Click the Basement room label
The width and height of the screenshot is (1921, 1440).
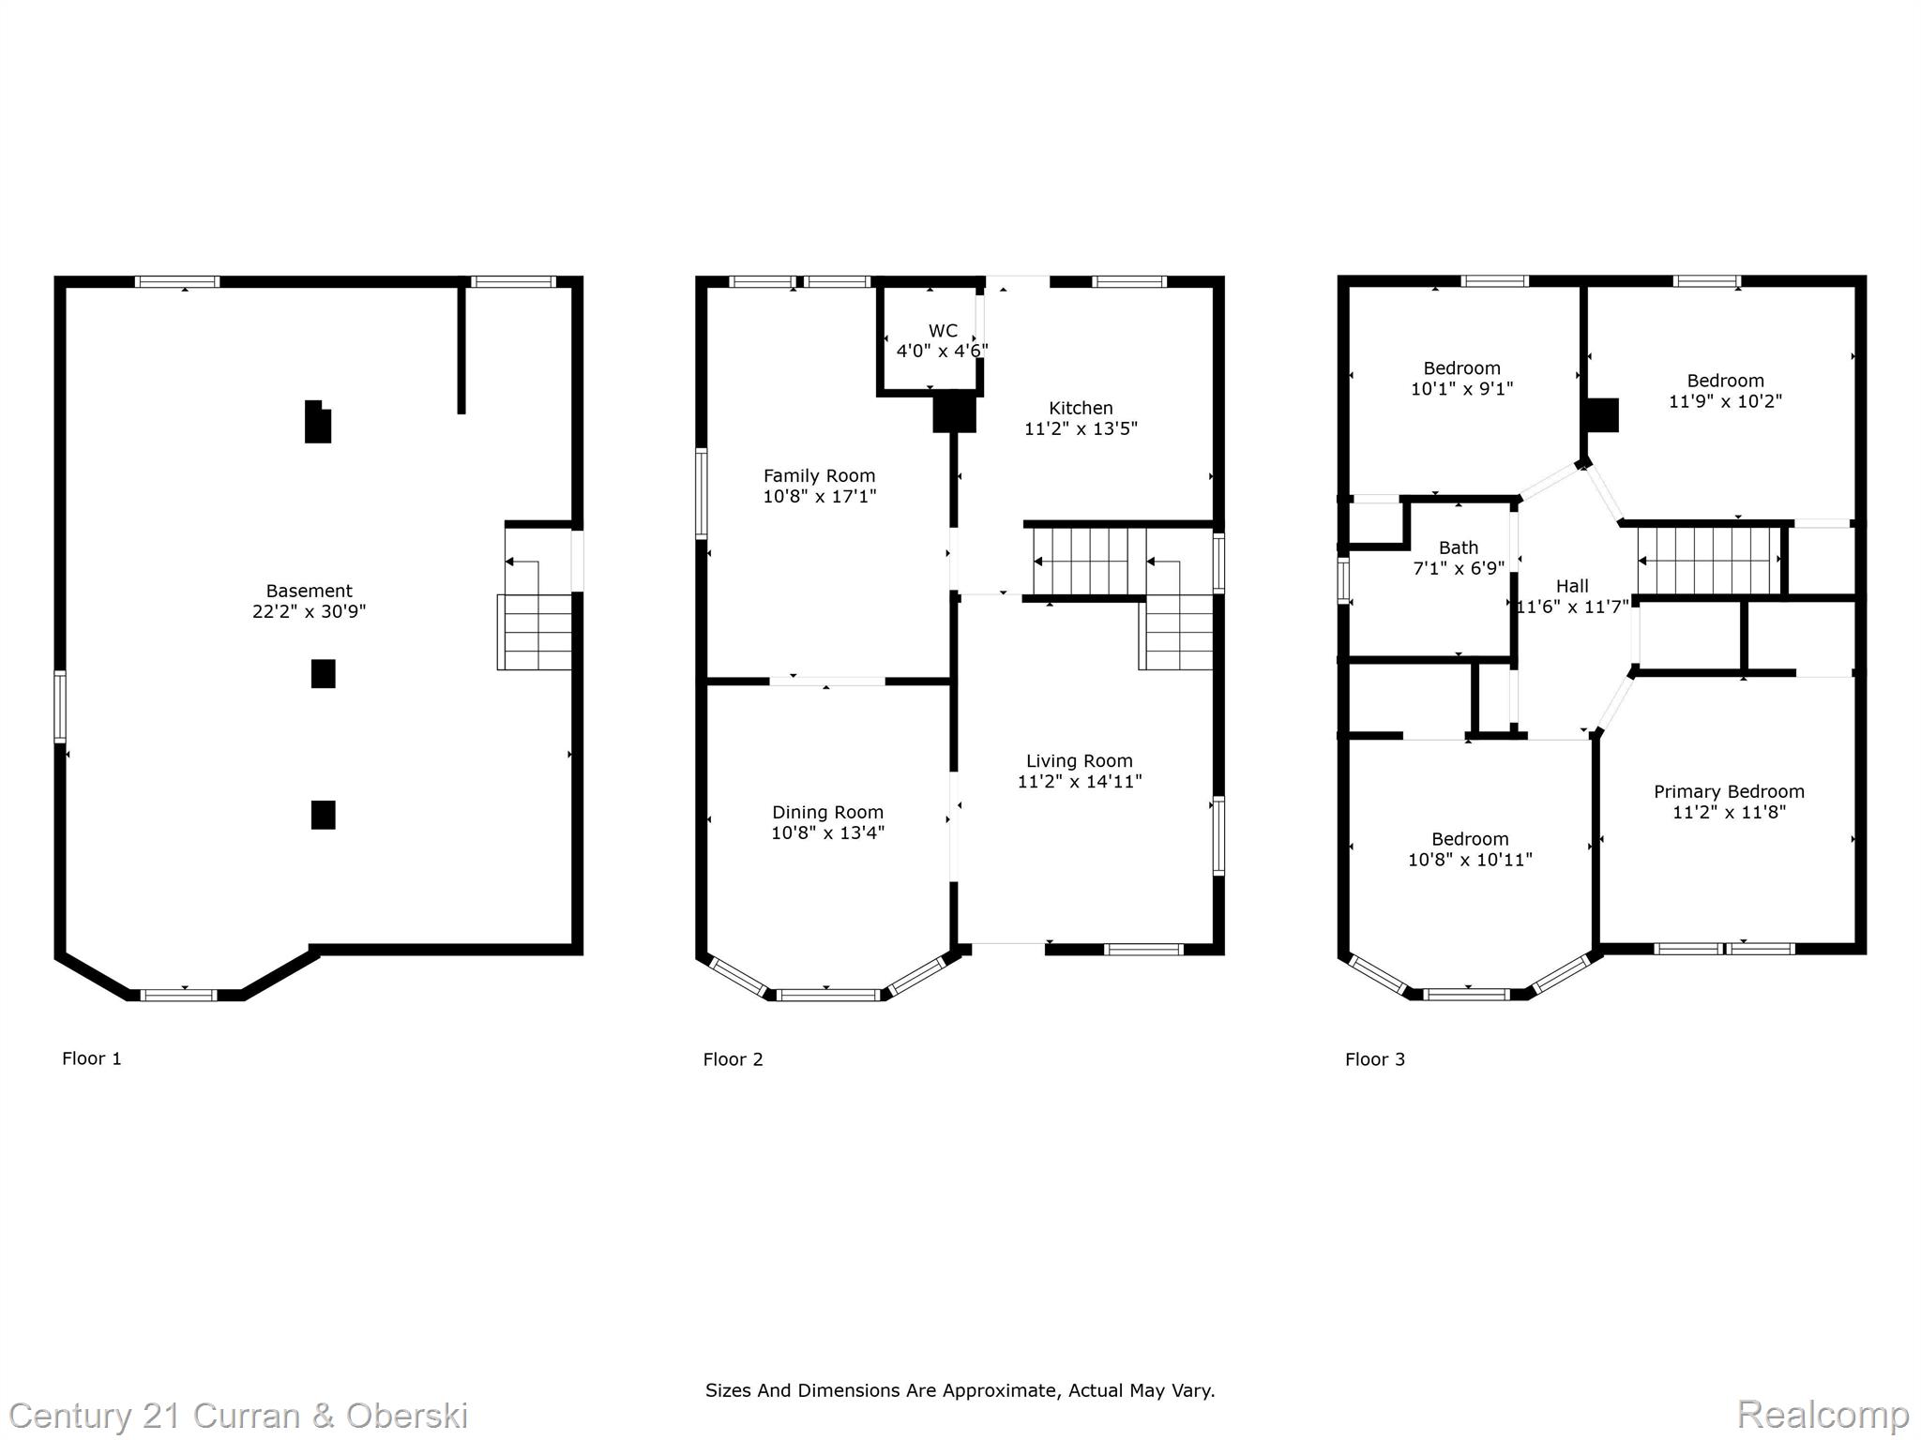point(309,591)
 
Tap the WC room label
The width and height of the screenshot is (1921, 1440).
point(943,331)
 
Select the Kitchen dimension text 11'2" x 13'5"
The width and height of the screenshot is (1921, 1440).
point(1081,428)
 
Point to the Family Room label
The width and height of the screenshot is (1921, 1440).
point(819,476)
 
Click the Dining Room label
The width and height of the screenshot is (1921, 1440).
point(827,813)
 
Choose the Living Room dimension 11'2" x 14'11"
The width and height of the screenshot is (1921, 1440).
point(1080,781)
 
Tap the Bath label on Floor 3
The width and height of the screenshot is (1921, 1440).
point(1459,547)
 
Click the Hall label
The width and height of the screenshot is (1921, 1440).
point(1572,586)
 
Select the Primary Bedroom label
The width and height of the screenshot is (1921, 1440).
point(1729,792)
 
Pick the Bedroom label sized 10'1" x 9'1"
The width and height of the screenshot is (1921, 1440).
point(1461,368)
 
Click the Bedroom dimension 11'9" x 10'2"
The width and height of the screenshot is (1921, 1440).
point(1725,401)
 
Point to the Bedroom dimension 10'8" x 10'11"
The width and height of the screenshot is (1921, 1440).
point(1470,860)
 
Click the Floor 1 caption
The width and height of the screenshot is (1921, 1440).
point(92,1058)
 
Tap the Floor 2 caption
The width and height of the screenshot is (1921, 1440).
point(733,1059)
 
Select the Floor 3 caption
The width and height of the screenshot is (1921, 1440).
point(1375,1059)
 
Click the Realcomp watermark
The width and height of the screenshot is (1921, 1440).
point(1823,1414)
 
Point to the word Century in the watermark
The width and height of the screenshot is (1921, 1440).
point(69,1416)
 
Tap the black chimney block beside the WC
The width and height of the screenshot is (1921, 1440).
point(954,412)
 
